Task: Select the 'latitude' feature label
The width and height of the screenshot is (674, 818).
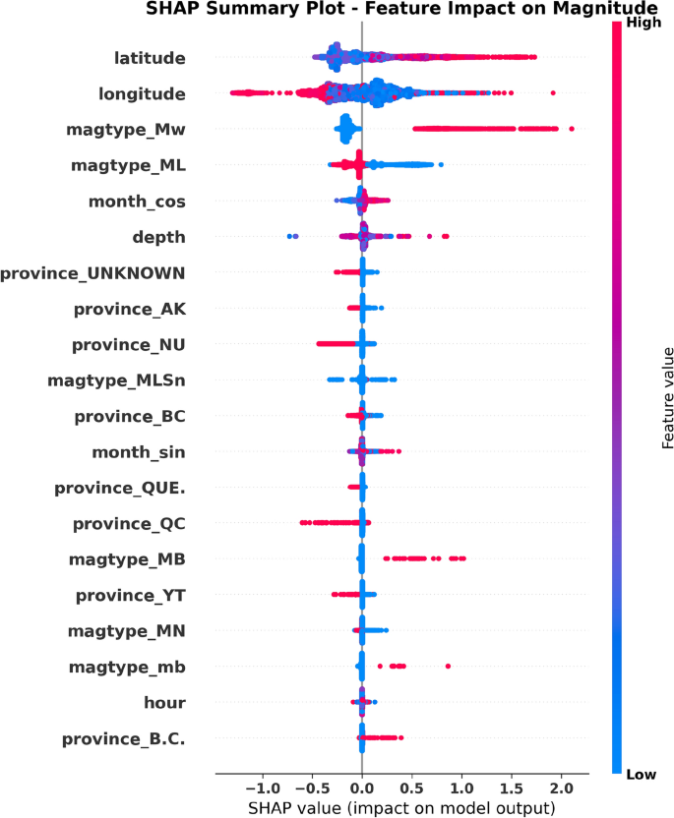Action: (150, 58)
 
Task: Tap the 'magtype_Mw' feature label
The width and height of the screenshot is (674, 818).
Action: (126, 130)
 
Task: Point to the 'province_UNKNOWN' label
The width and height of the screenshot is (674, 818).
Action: (92, 273)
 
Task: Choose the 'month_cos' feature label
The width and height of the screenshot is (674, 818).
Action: (137, 202)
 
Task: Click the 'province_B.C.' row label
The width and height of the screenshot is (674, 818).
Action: (124, 739)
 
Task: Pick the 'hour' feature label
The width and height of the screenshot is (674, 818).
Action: (165, 703)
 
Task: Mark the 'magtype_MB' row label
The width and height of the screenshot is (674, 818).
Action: (127, 559)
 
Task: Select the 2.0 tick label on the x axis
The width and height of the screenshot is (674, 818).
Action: (561, 789)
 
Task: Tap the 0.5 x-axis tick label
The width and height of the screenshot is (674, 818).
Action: (412, 789)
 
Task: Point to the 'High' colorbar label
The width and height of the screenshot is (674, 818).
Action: (643, 23)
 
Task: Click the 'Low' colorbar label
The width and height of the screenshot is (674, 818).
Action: (642, 775)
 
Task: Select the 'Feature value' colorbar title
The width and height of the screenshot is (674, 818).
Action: (668, 398)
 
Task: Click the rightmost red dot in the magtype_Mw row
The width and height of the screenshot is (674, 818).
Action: (571, 129)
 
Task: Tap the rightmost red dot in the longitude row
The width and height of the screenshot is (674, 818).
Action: (553, 92)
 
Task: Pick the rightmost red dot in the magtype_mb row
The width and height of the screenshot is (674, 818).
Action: (448, 667)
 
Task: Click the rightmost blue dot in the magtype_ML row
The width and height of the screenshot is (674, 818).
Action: (441, 165)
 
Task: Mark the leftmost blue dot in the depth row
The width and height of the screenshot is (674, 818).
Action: (289, 236)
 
